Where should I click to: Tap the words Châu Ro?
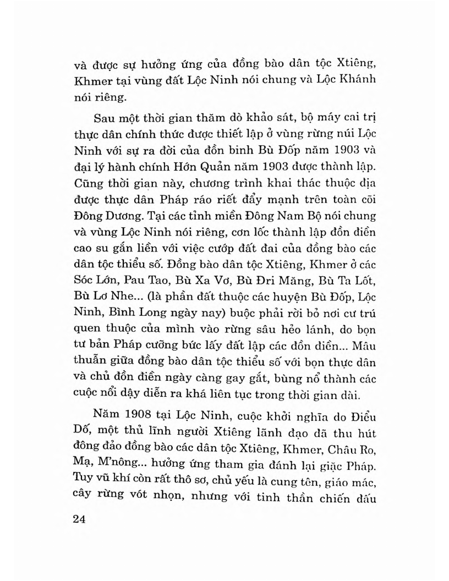pyautogui.click(x=353, y=447)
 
